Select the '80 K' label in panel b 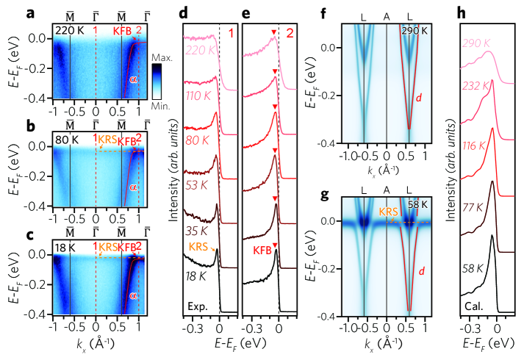[x=65, y=140]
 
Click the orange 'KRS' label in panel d [x=198, y=245]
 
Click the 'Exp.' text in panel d [x=196, y=303]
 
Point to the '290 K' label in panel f [x=413, y=30]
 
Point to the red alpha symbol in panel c [x=133, y=295]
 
